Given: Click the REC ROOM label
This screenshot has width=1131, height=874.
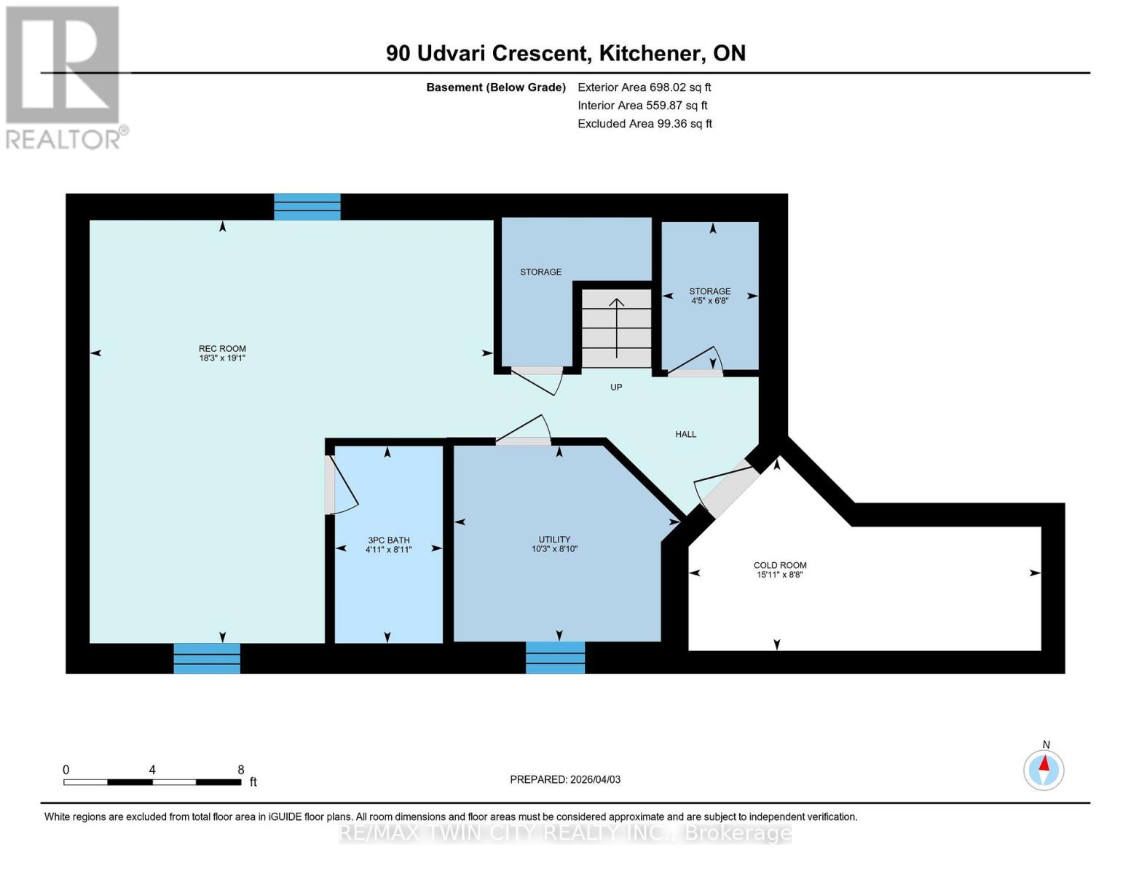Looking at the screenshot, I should (x=222, y=353).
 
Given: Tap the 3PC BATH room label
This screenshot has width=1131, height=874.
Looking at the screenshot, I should (x=388, y=545).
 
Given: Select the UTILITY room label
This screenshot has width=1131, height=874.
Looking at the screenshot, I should (x=554, y=544).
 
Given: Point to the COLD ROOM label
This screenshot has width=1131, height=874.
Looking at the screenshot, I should (x=779, y=570).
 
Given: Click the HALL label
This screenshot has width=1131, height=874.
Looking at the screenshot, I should (x=685, y=434).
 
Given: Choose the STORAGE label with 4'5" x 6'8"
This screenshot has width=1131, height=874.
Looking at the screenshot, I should (x=709, y=295).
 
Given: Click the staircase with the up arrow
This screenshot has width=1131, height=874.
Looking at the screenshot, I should (x=616, y=328).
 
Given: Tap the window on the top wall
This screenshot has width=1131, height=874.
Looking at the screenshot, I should (x=307, y=206).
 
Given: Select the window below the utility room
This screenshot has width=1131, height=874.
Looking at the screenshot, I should (x=555, y=658).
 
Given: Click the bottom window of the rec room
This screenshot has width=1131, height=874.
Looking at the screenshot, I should (x=206, y=658).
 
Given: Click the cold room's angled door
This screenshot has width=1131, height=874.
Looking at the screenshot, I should (x=725, y=489).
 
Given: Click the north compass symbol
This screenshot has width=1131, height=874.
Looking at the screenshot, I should (x=1044, y=769).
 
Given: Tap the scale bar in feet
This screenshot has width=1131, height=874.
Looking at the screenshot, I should (x=152, y=782).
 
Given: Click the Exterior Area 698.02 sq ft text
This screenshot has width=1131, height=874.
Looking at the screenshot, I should (x=644, y=87).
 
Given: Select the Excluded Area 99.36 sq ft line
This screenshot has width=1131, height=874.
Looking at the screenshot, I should (x=645, y=124).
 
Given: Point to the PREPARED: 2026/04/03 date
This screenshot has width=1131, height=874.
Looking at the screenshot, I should (x=565, y=779).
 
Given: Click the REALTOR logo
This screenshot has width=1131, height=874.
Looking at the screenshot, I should (x=64, y=76).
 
